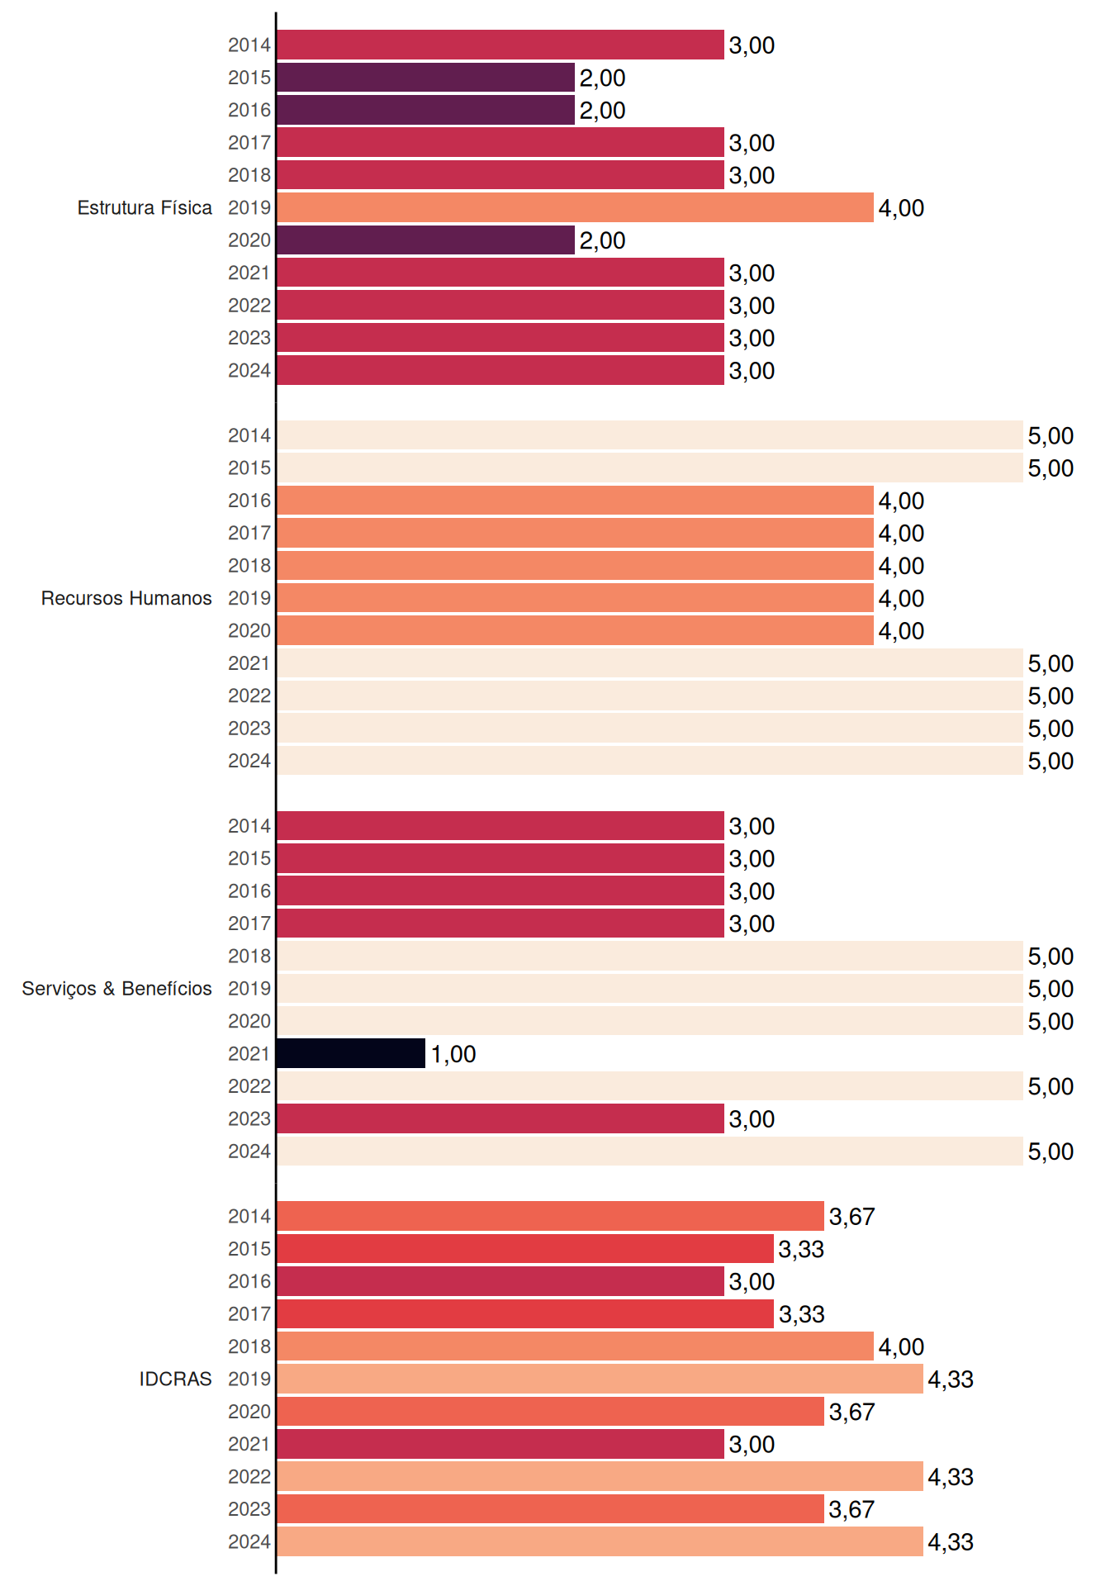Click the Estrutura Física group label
tap(145, 207)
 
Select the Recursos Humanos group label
tap(126, 598)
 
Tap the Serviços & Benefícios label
tap(116, 989)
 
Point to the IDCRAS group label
tap(175, 1379)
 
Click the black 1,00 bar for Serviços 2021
tap(351, 1053)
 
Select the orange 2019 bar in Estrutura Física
tap(575, 207)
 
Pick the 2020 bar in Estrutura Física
tap(425, 240)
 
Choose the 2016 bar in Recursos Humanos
tap(575, 501)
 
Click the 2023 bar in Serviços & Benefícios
tap(500, 1118)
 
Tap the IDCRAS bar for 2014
tap(550, 1216)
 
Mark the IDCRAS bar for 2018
tap(575, 1346)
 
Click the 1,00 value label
tap(453, 1054)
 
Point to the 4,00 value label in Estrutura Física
tap(901, 208)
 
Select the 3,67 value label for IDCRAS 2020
tap(851, 1412)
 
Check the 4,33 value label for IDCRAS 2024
tap(951, 1542)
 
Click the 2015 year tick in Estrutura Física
tap(249, 78)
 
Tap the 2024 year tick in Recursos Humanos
tap(249, 761)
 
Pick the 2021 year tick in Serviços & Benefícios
tap(249, 1054)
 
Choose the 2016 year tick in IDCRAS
tap(249, 1281)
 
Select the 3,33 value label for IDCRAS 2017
tap(801, 1314)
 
